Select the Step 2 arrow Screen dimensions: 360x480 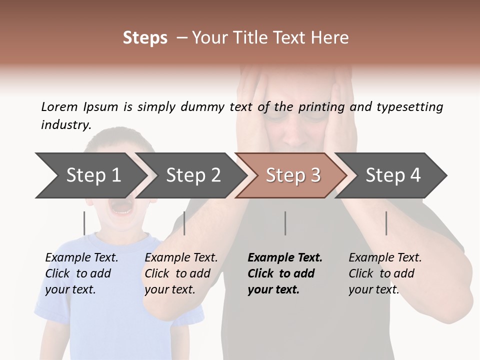click(193, 175)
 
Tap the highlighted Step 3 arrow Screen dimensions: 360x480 click(293, 175)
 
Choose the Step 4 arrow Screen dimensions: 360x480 click(393, 175)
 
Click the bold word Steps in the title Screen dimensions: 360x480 click(145, 38)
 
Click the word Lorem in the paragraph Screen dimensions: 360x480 click(59, 106)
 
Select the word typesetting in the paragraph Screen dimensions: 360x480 click(409, 106)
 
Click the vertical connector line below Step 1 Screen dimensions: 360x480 click(84, 223)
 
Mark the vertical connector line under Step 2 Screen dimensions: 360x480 click(184, 223)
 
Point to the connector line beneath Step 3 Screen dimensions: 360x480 click(285, 223)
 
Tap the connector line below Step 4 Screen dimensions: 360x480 click(386, 223)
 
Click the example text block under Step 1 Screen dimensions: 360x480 click(81, 273)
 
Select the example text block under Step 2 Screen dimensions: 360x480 click(181, 273)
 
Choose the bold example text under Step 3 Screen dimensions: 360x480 click(285, 273)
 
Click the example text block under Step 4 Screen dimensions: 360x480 click(385, 273)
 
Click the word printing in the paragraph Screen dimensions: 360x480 click(322, 106)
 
